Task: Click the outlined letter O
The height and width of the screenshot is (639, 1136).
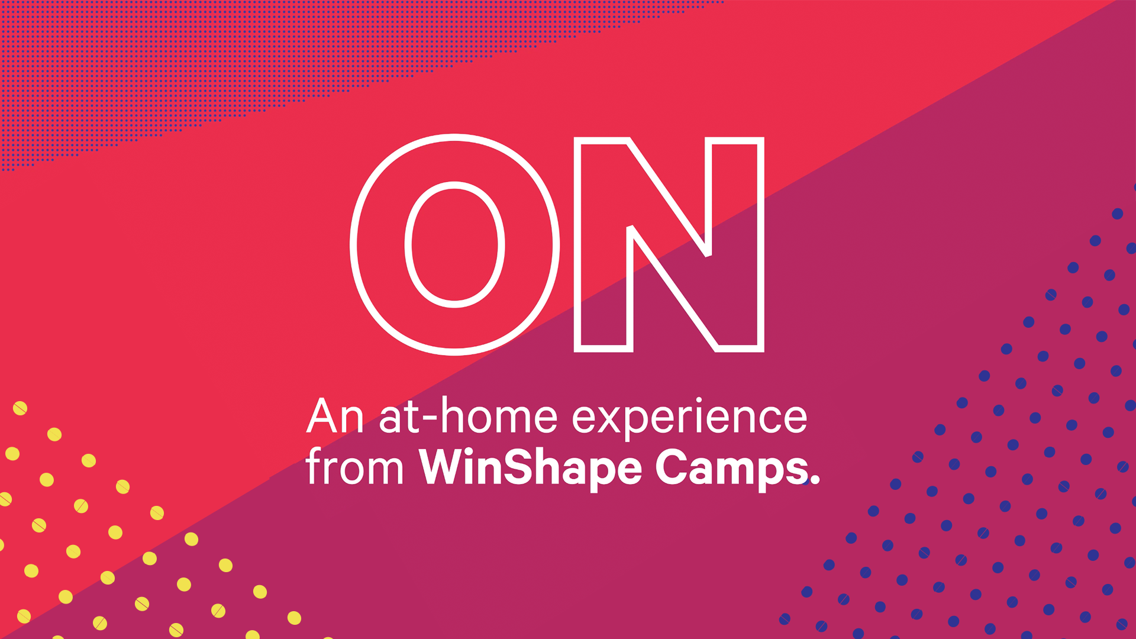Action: pyautogui.click(x=379, y=244)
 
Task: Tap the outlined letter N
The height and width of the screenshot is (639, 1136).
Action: pyautogui.click(x=669, y=244)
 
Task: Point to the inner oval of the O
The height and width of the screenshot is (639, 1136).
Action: pyautogui.click(x=454, y=244)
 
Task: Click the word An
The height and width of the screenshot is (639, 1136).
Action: pyautogui.click(x=334, y=417)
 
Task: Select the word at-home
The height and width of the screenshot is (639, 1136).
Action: pyautogui.click(x=468, y=417)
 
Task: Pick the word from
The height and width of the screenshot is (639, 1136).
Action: pyautogui.click(x=354, y=467)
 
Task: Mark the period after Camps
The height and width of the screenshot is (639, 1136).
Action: pyautogui.click(x=815, y=480)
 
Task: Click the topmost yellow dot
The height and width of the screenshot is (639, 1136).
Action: pyautogui.click(x=20, y=408)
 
